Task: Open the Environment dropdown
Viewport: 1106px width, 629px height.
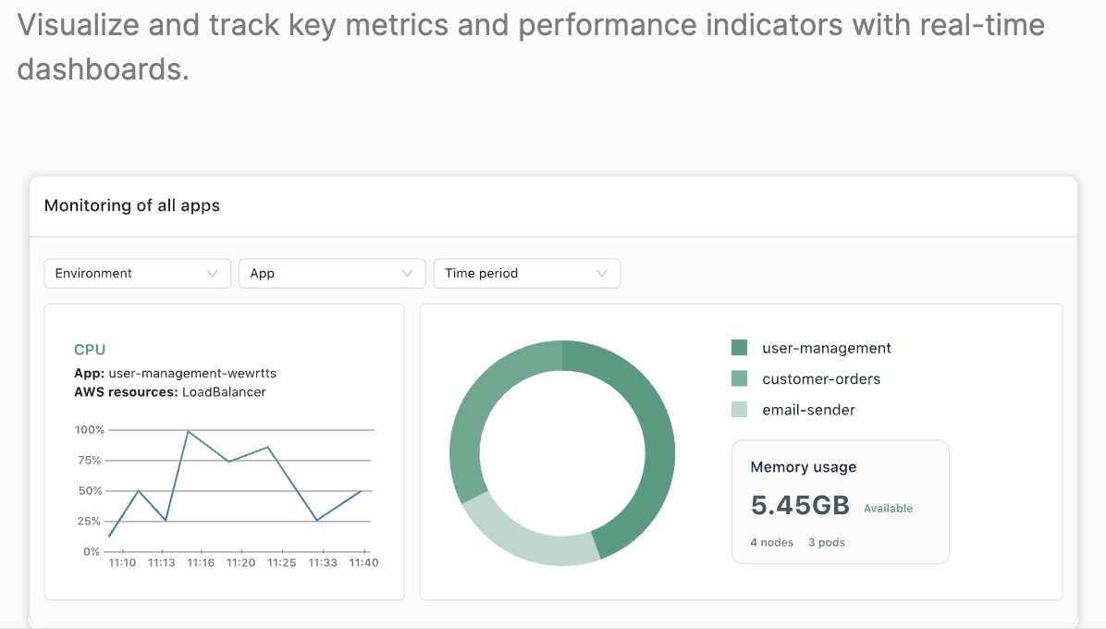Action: pyautogui.click(x=137, y=274)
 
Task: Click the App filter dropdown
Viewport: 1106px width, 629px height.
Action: pyautogui.click(x=332, y=274)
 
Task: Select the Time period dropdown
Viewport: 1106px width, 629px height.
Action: pyautogui.click(x=526, y=274)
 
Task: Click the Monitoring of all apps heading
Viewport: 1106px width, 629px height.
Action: pyautogui.click(x=132, y=205)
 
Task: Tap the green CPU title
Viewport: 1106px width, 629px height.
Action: pyautogui.click(x=90, y=350)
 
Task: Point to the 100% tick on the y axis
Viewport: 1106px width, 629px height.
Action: pyautogui.click(x=89, y=430)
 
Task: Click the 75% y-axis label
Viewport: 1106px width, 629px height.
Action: pyautogui.click(x=91, y=461)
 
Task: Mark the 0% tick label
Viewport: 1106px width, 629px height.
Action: pyautogui.click(x=92, y=551)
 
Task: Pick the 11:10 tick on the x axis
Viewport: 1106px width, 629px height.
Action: pyautogui.click(x=122, y=562)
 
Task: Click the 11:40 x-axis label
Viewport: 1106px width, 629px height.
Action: pyautogui.click(x=363, y=562)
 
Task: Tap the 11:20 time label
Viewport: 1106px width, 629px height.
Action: pyautogui.click(x=241, y=562)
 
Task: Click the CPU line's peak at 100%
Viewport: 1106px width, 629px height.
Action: pyautogui.click(x=189, y=431)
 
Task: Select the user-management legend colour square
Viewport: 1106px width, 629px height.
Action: pyautogui.click(x=739, y=348)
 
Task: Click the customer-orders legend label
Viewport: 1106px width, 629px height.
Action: pyautogui.click(x=821, y=379)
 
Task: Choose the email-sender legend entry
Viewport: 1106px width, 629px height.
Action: pyautogui.click(x=808, y=410)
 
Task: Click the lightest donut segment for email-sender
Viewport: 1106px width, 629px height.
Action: pyautogui.click(x=522, y=539)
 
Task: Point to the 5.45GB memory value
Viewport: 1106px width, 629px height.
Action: pyautogui.click(x=800, y=505)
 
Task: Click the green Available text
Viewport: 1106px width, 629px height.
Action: pyautogui.click(x=888, y=508)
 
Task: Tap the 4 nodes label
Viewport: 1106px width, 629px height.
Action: pyautogui.click(x=772, y=542)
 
